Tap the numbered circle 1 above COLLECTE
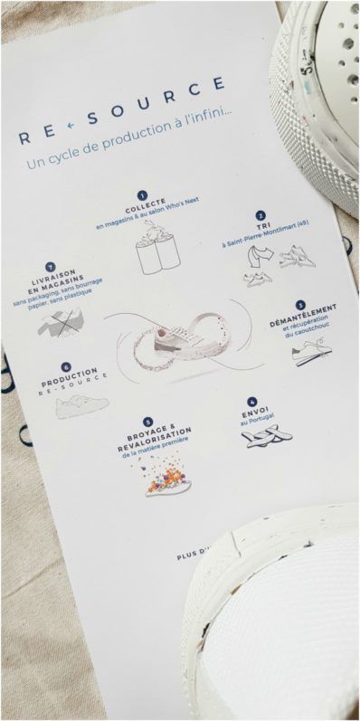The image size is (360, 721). (x=142, y=194)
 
